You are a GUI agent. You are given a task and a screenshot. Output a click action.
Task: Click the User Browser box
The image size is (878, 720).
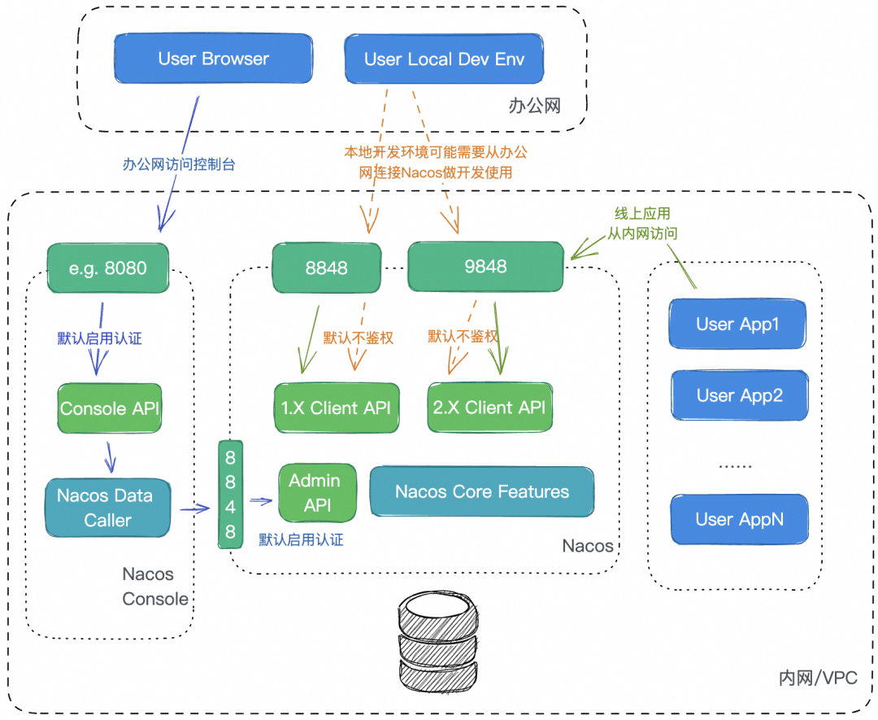214,59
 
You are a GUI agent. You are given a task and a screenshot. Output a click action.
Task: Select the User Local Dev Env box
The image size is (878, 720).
444,59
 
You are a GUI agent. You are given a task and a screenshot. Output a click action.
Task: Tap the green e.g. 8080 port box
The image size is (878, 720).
107,268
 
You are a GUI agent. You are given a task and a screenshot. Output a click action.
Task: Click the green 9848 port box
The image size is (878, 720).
485,267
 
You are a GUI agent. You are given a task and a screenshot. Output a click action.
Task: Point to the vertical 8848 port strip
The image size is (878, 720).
230,495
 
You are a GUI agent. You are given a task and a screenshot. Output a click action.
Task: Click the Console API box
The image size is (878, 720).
110,408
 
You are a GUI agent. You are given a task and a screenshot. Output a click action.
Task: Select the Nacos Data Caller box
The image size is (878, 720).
108,508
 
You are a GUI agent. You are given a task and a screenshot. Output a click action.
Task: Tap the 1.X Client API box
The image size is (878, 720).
337,408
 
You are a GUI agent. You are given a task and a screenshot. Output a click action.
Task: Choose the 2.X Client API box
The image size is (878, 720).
489,408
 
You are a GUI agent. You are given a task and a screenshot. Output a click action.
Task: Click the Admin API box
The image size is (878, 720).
317,493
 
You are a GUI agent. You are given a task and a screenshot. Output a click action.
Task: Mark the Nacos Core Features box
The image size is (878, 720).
481,491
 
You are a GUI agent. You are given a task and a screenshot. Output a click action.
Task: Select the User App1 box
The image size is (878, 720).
738,324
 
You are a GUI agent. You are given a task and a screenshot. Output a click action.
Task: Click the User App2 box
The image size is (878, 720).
739,396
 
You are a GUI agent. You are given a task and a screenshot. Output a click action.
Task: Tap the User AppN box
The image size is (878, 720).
739,519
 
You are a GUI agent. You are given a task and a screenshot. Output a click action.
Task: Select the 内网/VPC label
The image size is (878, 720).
817,678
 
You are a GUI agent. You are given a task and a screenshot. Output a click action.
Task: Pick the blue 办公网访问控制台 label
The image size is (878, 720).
178,164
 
